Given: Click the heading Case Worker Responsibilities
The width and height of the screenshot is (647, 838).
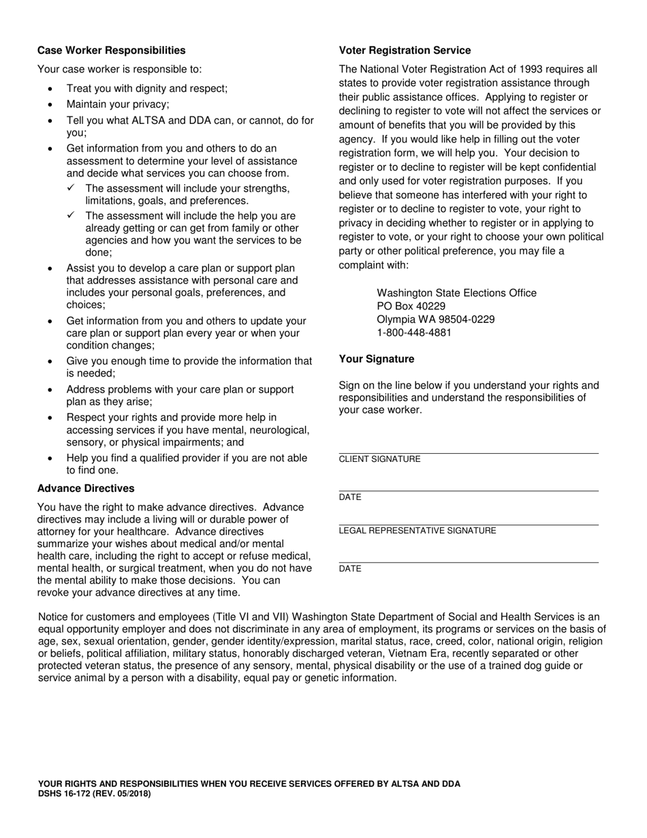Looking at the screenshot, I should coord(111,50).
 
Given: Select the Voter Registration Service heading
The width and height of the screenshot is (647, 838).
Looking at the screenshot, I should coord(405,50).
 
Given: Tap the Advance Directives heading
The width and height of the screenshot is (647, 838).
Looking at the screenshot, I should coord(86,488).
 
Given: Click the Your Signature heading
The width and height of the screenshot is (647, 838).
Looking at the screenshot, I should coord(376,359).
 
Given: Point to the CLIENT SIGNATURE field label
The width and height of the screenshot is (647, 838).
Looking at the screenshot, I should coord(379,459).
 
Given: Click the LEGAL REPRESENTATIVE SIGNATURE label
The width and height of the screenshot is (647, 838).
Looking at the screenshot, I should coord(417,531).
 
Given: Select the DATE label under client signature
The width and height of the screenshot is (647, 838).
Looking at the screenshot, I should coord(350,497).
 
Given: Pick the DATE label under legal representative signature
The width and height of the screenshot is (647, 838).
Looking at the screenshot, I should coord(350,569).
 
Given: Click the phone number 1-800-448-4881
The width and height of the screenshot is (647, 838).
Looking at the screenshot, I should coord(414,333).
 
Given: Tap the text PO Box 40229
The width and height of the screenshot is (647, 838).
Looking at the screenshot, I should coord(411,307).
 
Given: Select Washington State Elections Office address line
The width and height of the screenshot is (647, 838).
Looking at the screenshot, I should coord(456,293).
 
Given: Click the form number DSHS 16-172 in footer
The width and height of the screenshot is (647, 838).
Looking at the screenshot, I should coord(69,794).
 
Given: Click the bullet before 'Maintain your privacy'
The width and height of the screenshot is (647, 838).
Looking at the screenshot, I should coord(50,105).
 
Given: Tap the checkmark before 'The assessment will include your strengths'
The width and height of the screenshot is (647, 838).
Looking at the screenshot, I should coord(71,188).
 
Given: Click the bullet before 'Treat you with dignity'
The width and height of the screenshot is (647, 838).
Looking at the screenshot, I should coord(50,89).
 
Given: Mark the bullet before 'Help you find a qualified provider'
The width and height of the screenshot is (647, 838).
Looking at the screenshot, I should coord(50,459).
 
